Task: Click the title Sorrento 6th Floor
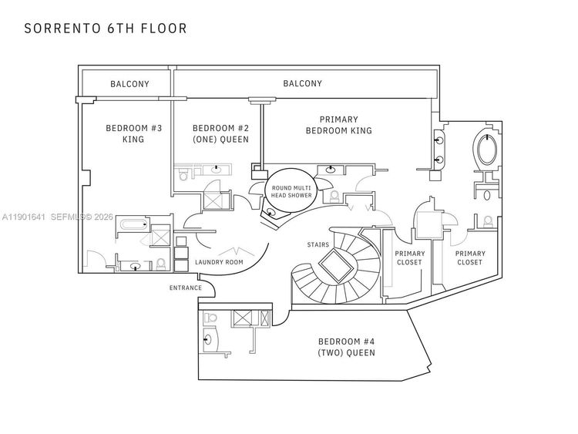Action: (106, 29)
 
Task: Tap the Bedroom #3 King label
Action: (133, 133)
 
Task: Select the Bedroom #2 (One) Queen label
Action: (220, 133)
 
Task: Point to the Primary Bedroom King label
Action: (338, 125)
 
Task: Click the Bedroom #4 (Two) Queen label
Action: (347, 347)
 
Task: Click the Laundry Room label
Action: (219, 262)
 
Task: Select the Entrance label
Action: (186, 288)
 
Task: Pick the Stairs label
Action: (318, 244)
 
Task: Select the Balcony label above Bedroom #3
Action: (129, 84)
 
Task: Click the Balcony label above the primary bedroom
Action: (302, 84)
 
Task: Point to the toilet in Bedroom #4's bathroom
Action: (211, 318)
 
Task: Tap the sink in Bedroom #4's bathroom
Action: (208, 339)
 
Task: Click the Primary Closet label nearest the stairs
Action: (409, 257)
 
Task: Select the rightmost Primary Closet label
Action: (469, 257)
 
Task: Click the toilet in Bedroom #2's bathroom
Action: (183, 174)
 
